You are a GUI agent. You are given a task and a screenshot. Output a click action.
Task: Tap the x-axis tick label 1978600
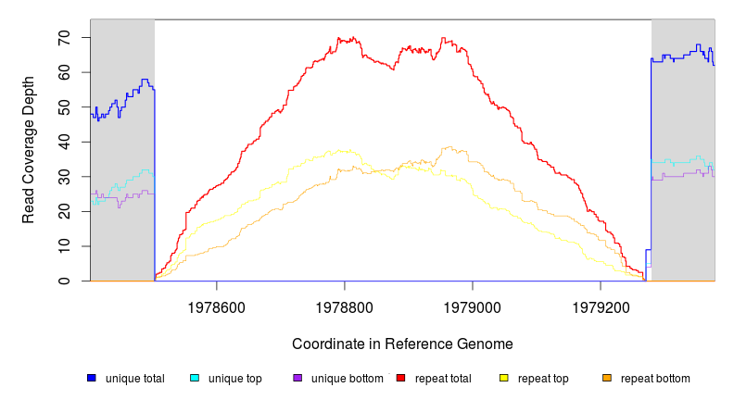217,305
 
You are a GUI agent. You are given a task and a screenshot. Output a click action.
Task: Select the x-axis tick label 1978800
345,305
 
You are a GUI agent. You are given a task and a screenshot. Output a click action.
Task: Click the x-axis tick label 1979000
473,305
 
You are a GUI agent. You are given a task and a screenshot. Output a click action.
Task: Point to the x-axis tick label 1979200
601,305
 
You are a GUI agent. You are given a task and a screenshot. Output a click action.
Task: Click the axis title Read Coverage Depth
29,150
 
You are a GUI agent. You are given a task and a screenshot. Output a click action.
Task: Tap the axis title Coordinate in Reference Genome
402,344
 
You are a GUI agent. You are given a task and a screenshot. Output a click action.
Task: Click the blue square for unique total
91,378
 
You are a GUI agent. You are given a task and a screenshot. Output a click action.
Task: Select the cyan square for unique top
195,378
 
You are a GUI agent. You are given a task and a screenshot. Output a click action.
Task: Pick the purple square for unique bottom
297,378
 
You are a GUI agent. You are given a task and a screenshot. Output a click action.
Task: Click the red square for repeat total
400,378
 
